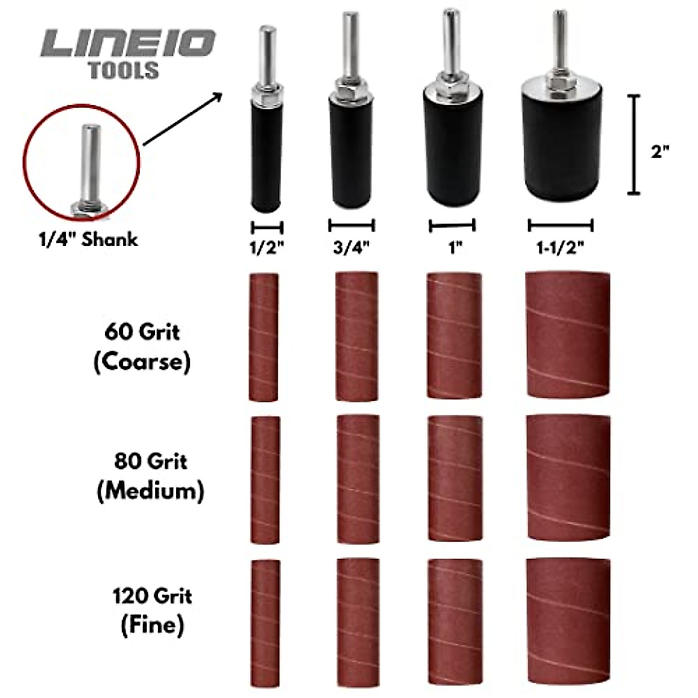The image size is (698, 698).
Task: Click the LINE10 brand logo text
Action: click(x=128, y=44)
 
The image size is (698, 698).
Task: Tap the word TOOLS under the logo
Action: click(x=123, y=70)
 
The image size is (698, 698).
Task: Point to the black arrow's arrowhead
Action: click(x=218, y=95)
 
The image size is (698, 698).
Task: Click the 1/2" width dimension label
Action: click(x=266, y=247)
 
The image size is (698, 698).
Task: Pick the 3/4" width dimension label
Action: click(x=351, y=247)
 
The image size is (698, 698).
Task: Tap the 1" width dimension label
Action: click(x=454, y=247)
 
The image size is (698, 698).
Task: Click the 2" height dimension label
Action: click(x=660, y=152)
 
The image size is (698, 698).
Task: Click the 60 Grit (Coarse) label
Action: click(x=142, y=347)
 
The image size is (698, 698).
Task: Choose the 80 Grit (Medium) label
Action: click(x=150, y=476)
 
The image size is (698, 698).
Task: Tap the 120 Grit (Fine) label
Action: click(x=152, y=610)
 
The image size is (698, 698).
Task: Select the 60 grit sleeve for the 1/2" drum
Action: click(x=263, y=337)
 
